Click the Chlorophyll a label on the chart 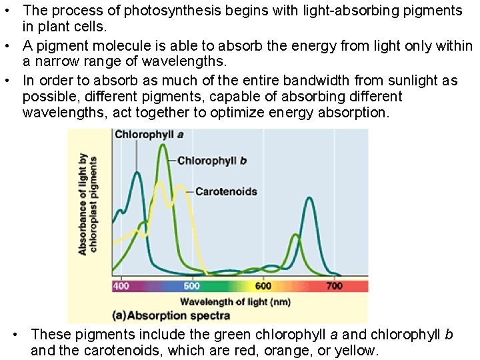click(149, 134)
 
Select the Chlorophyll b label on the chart click(211, 161)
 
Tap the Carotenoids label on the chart click(225, 191)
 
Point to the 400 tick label click(121, 286)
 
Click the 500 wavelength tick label click(191, 286)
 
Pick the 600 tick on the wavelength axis click(263, 286)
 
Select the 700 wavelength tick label click(334, 286)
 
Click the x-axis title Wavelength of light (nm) click(235, 302)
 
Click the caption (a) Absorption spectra click(172, 315)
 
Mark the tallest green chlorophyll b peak click(163, 145)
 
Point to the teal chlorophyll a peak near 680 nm click(309, 198)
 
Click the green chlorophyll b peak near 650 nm click(295, 235)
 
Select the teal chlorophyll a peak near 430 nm click(137, 173)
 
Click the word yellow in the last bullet click(357, 350)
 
